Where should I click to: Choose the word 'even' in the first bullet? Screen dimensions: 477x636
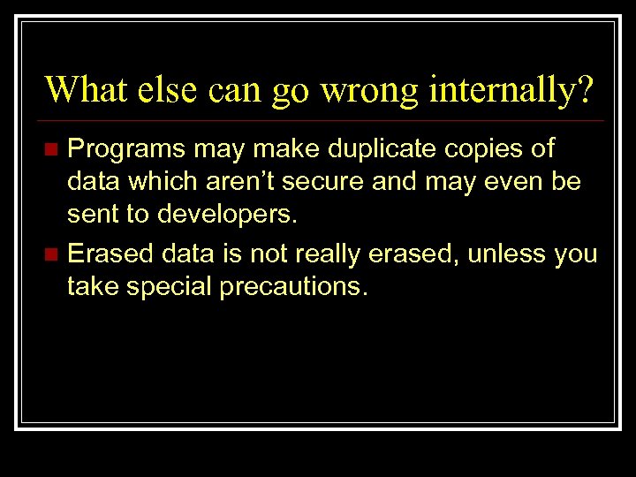click(519, 183)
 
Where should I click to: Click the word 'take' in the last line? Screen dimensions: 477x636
click(95, 288)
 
